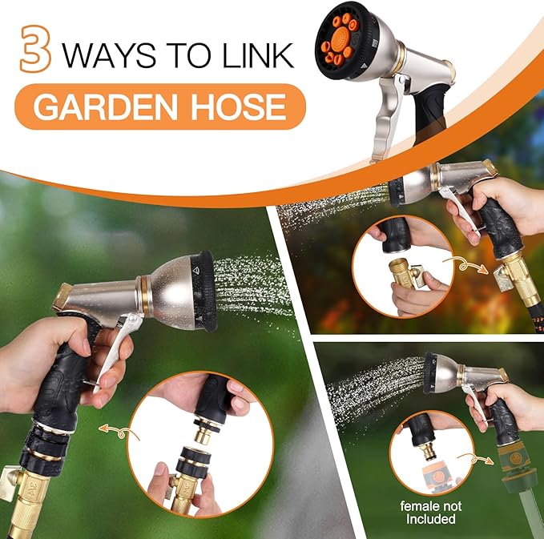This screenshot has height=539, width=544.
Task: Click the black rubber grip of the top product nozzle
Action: coord(424,105)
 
